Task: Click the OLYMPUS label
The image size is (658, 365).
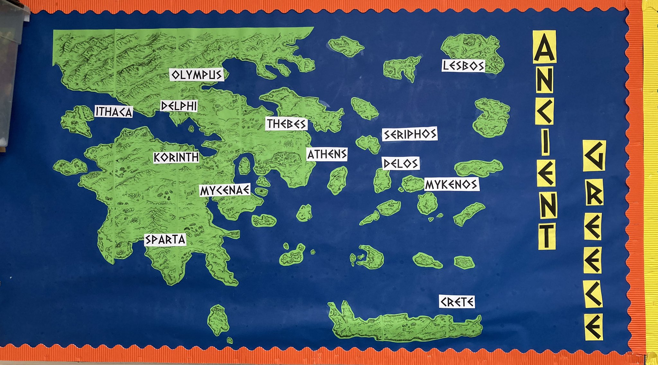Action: (197, 75)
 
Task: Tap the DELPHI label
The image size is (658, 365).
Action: (179, 106)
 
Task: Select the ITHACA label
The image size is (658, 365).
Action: (114, 111)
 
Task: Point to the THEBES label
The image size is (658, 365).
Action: (286, 124)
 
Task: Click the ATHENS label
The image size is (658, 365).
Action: (327, 155)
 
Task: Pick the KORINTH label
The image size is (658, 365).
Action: (176, 157)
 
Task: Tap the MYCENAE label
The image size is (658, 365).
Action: (225, 190)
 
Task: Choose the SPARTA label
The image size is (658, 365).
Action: (165, 240)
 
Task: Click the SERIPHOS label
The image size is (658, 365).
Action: (410, 134)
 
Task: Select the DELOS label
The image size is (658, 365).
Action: (401, 164)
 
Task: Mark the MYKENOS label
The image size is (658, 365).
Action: (451, 184)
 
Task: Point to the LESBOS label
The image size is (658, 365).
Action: (463, 66)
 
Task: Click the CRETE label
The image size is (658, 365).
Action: (457, 302)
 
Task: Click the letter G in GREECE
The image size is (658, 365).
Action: (594, 156)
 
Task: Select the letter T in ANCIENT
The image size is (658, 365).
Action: (547, 236)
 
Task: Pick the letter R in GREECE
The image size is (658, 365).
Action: (594, 193)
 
